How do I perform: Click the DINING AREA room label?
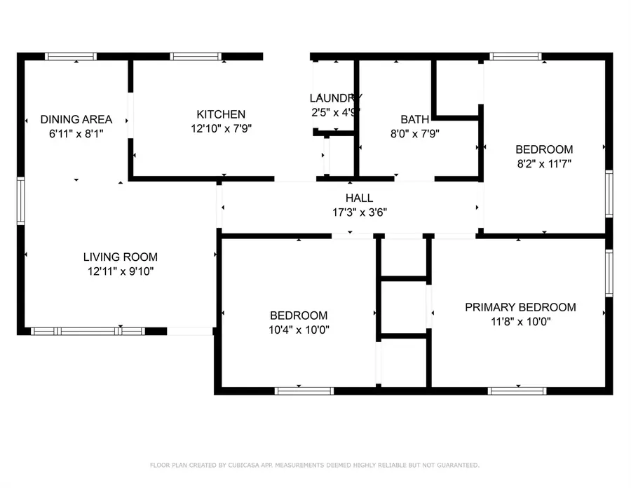pos(76,119)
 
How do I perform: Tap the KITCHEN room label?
pos(221,114)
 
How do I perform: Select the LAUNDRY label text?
pos(335,97)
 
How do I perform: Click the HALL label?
pos(359,198)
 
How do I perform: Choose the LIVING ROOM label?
pos(121,257)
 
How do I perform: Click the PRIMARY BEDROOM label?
pos(520,307)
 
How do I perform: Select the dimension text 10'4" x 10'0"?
pos(299,330)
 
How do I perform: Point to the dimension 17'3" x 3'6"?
pos(359,212)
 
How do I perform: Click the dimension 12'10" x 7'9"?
pos(221,129)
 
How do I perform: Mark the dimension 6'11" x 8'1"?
pos(76,134)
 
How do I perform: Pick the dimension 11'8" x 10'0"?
pos(520,323)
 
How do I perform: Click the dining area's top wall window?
pos(71,57)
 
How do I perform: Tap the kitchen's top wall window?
pos(196,57)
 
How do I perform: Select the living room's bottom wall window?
pos(88,331)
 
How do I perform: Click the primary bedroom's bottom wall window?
pos(517,391)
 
